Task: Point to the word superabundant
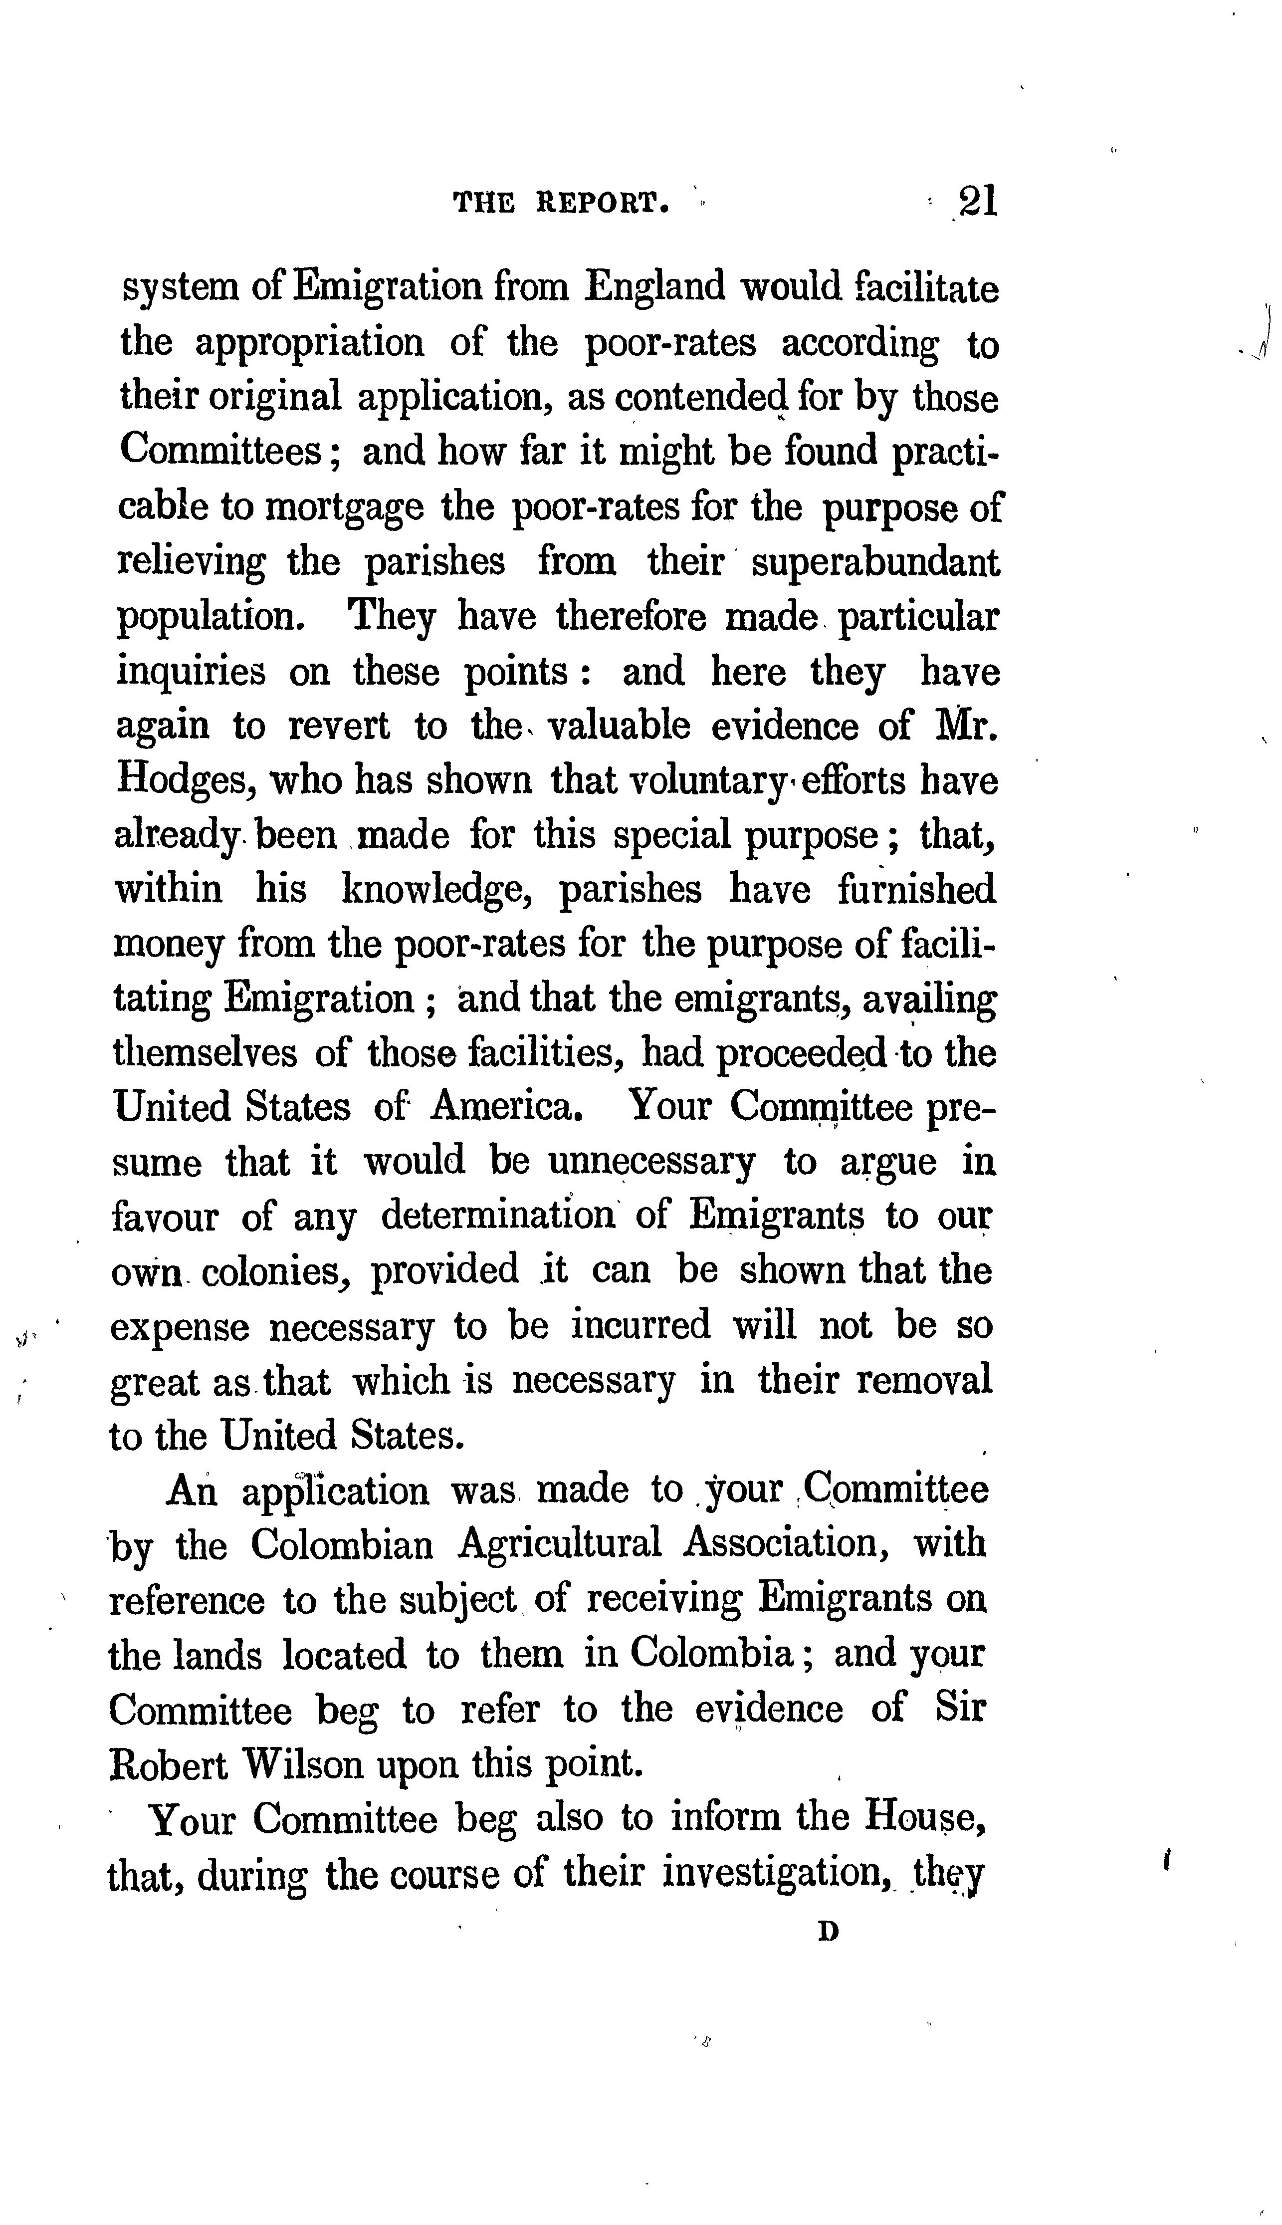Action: (x=875, y=563)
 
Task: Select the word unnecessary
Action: (x=651, y=1162)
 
